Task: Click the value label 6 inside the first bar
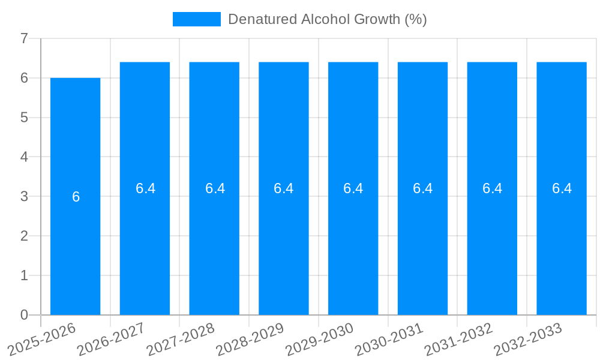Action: pos(76,197)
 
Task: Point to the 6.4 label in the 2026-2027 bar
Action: pos(145,188)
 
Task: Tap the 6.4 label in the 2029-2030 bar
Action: pos(353,188)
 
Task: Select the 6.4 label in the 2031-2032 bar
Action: pos(492,188)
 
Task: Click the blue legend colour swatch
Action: pos(196,19)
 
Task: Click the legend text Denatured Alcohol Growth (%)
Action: pos(327,19)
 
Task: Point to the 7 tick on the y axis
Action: pos(24,38)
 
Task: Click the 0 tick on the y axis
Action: pos(24,315)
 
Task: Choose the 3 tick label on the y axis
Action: pos(24,196)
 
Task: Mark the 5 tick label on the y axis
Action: pos(24,118)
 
